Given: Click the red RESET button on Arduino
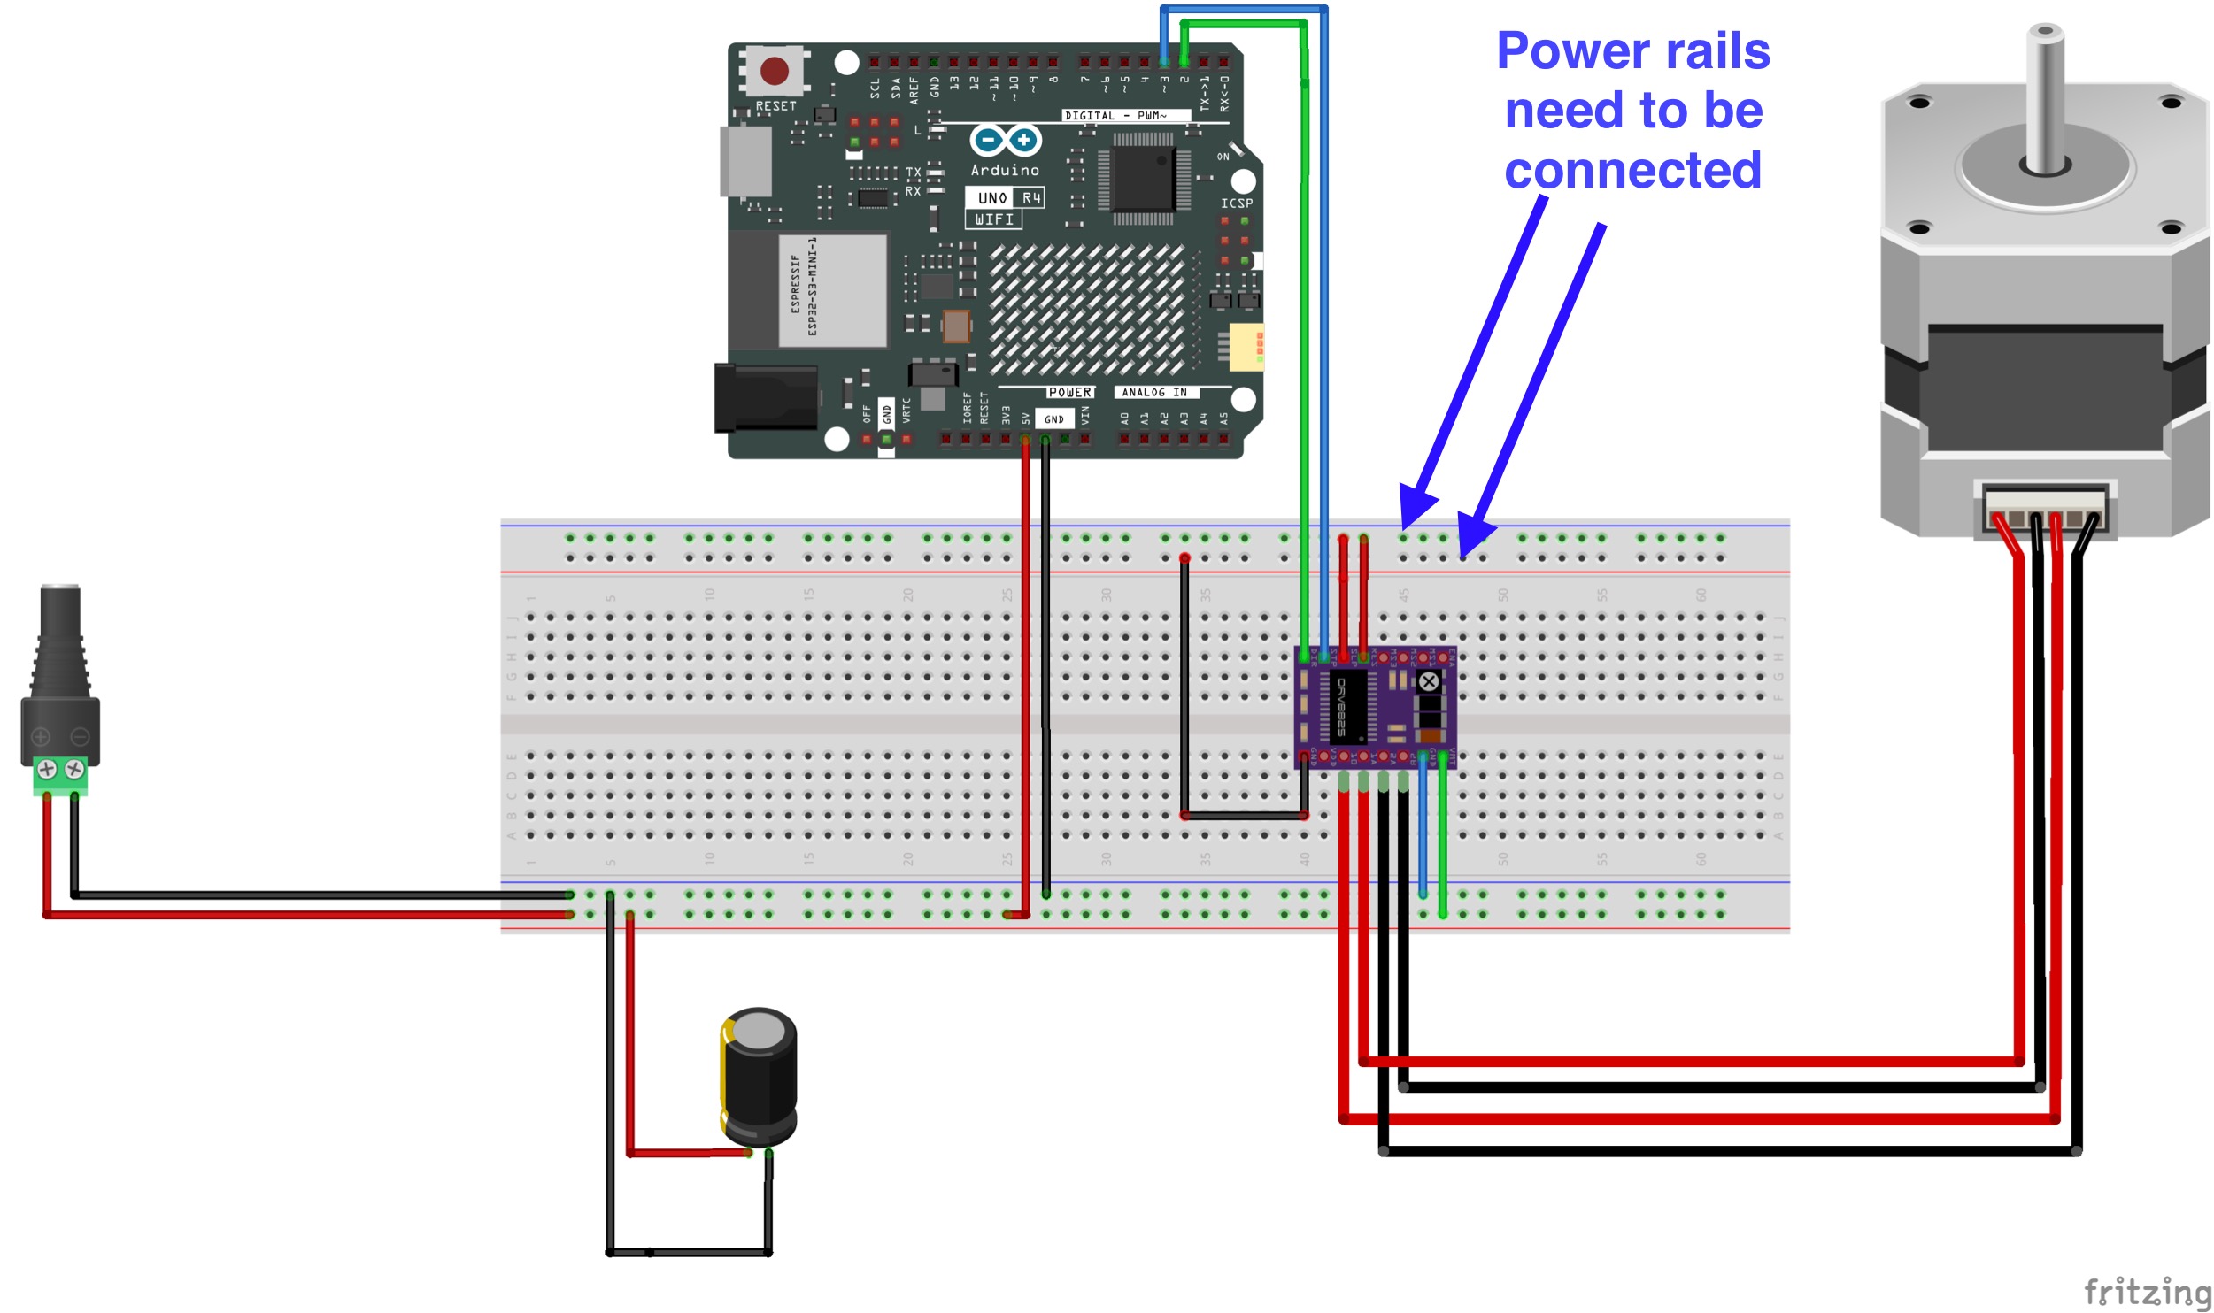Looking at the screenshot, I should [774, 71].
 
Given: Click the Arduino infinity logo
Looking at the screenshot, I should [1005, 140].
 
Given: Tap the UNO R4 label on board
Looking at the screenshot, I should [1005, 197].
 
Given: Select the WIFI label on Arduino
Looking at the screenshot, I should [993, 219].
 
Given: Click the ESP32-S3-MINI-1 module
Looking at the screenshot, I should [832, 290].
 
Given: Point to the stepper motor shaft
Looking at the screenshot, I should [2044, 97].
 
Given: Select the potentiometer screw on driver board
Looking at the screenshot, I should [1428, 680].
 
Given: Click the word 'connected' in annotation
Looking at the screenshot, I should [1632, 170].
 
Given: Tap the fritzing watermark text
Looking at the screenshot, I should [2147, 1292].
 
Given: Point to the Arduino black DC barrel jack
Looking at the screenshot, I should [766, 398].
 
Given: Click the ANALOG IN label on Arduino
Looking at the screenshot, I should [1154, 392].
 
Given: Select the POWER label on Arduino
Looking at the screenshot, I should [1069, 392].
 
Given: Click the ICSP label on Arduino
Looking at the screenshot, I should [1236, 203].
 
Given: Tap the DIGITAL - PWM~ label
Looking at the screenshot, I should [1115, 116].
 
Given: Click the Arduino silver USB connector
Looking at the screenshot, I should [746, 161].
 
